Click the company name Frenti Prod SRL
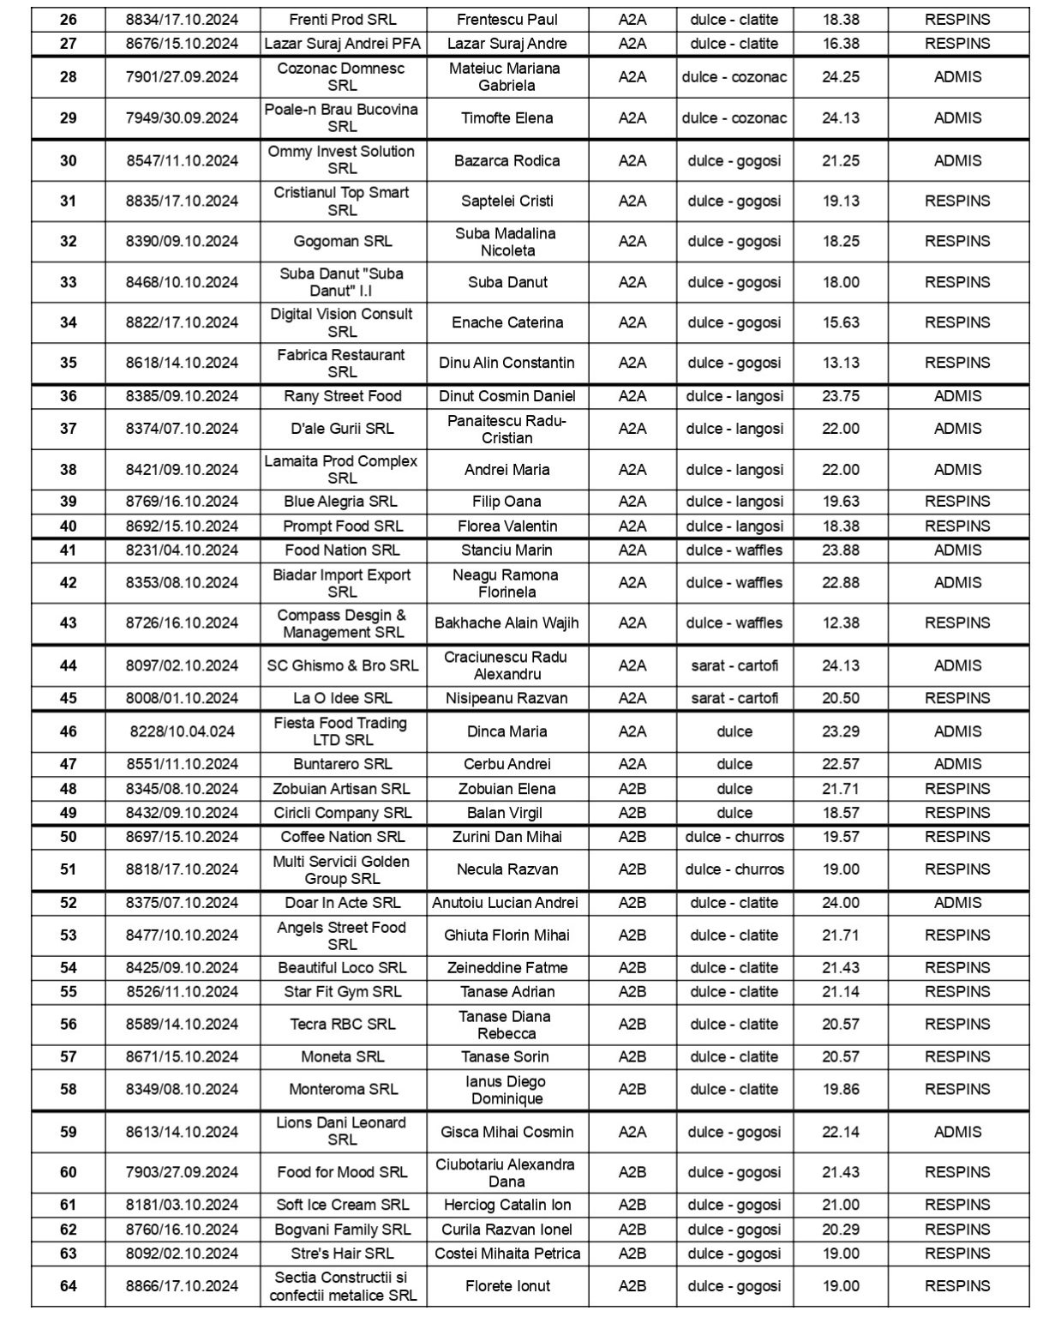click(x=343, y=20)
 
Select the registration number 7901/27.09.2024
click(x=182, y=77)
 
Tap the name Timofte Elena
click(x=507, y=118)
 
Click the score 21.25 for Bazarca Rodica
click(x=840, y=160)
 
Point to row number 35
click(x=69, y=363)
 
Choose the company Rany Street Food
click(x=343, y=396)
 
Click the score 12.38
click(x=840, y=623)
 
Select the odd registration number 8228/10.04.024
click(x=182, y=731)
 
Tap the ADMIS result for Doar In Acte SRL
click(x=957, y=903)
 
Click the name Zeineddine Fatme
click(x=507, y=968)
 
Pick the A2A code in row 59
click(x=632, y=1132)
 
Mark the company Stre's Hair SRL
click(x=343, y=1254)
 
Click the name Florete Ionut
click(x=507, y=1286)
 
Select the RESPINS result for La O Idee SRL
click(x=957, y=698)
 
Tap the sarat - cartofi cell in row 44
click(x=734, y=665)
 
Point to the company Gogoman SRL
click(x=343, y=242)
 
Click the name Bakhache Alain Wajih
click(x=507, y=623)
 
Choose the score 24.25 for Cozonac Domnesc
click(x=840, y=77)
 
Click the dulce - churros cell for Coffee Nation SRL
click(x=734, y=837)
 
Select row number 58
click(x=69, y=1090)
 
